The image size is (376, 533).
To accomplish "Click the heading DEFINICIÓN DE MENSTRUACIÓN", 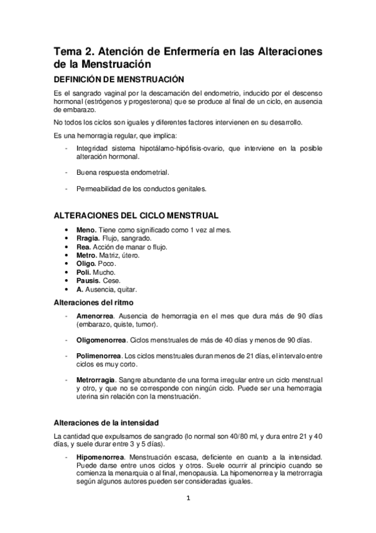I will point(119,79).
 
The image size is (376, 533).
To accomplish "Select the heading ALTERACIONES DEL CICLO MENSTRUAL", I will point(136,215).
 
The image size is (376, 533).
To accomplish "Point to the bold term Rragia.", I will point(88,239).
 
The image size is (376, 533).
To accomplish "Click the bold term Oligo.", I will point(87,264).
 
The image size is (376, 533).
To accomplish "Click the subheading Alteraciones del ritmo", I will point(95,302).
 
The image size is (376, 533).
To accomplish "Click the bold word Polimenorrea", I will point(99,356).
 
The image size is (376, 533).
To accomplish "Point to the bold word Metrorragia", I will point(95,381).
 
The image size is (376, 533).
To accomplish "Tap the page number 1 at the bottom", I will point(188,500).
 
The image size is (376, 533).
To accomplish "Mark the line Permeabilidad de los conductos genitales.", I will point(140,188).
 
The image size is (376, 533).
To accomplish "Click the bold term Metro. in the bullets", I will point(87,256).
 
